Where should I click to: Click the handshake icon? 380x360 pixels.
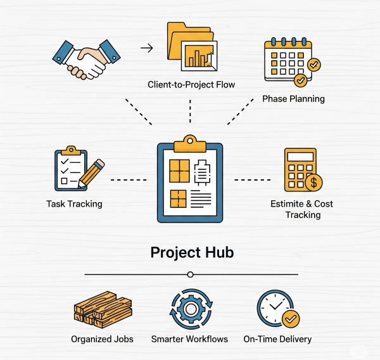pyautogui.click(x=86, y=60)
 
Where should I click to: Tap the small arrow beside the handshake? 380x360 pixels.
pyautogui.click(x=147, y=48)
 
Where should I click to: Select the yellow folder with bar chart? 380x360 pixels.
pyautogui.click(x=192, y=46)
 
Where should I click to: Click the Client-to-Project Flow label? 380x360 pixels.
pyautogui.click(x=191, y=84)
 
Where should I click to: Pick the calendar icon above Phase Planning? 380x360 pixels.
pyautogui.click(x=293, y=62)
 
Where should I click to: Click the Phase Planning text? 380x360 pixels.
pyautogui.click(x=293, y=99)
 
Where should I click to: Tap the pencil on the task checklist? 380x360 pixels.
pyautogui.click(x=91, y=173)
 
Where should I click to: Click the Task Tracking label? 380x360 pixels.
pyautogui.click(x=74, y=204)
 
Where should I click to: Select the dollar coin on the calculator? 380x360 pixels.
pyautogui.click(x=313, y=183)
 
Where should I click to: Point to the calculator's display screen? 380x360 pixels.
pyautogui.click(x=300, y=157)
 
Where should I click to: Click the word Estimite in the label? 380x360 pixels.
pyautogui.click(x=287, y=204)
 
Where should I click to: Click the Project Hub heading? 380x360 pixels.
pyautogui.click(x=192, y=252)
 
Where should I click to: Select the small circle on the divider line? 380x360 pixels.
pyautogui.click(x=190, y=274)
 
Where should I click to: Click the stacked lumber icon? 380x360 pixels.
pyautogui.click(x=103, y=309)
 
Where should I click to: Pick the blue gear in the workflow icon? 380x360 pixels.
pyautogui.click(x=191, y=309)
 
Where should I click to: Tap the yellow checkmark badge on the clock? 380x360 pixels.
pyautogui.click(x=291, y=319)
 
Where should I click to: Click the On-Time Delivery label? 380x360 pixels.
pyautogui.click(x=277, y=339)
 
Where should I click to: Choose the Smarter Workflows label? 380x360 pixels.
pyautogui.click(x=189, y=339)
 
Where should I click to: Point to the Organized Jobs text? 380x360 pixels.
pyautogui.click(x=102, y=339)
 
